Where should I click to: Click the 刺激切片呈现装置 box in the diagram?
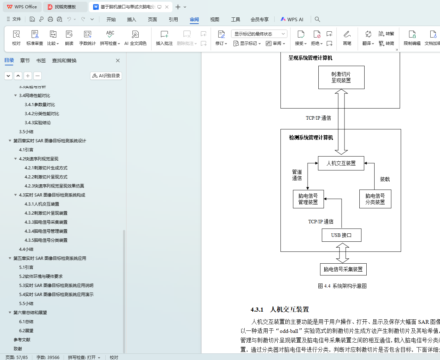[x=341, y=77]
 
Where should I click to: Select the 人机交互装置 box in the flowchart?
[x=341, y=163]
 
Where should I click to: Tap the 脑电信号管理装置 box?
[x=308, y=199]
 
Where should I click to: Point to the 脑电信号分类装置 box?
[x=375, y=199]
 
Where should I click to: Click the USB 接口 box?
[x=341, y=235]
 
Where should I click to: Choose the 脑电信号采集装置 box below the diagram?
[x=343, y=269]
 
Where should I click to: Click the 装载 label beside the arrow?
[x=385, y=179]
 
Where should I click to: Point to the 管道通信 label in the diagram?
[x=297, y=175]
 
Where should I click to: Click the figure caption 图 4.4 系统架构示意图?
[x=342, y=286]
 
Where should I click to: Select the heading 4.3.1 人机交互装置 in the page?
[x=280, y=309]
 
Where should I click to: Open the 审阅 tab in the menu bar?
[x=194, y=19]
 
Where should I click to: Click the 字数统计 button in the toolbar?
[x=87, y=38]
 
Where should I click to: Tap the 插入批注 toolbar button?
[x=164, y=38]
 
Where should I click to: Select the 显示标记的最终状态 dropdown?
[x=259, y=34]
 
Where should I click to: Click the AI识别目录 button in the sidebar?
[x=106, y=75]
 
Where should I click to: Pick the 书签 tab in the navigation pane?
[x=41, y=61]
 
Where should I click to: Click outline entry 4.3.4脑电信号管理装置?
[x=46, y=231]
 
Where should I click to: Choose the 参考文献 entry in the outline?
[x=22, y=339]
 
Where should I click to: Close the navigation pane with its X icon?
[x=118, y=61]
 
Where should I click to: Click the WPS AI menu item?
[x=292, y=19]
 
